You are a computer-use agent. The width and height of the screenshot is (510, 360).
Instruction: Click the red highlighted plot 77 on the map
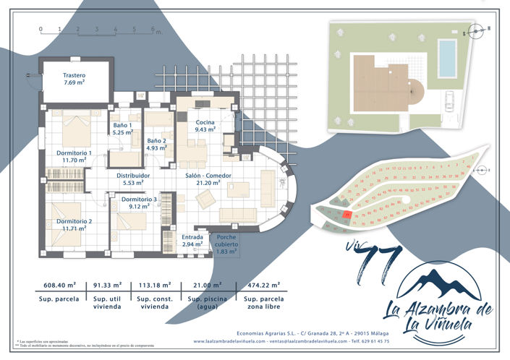tap(348, 215)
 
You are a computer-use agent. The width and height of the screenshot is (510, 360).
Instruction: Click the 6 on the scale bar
tap(153, 30)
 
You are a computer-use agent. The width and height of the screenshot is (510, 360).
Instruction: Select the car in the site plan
tap(449, 100)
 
